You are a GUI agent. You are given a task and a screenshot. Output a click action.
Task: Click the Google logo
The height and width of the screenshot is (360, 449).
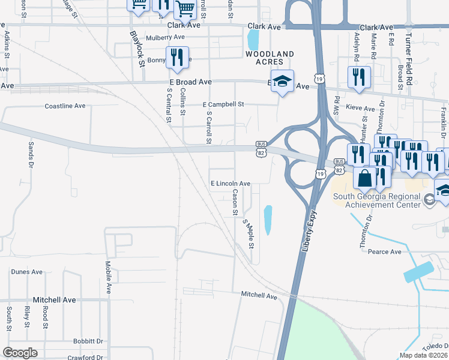pyautogui.click(x=20, y=353)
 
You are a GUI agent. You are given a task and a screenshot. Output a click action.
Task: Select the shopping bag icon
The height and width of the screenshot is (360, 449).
pyautogui.click(x=364, y=178)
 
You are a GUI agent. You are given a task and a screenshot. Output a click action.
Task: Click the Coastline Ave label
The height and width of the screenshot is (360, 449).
pyautogui.click(x=65, y=106)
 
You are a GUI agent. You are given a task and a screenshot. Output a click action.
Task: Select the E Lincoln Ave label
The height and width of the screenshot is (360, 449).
pyautogui.click(x=230, y=184)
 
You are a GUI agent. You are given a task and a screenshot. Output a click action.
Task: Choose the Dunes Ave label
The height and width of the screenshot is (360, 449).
pyautogui.click(x=27, y=272)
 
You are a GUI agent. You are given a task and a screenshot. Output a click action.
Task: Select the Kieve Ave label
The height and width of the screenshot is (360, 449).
pyautogui.click(x=361, y=109)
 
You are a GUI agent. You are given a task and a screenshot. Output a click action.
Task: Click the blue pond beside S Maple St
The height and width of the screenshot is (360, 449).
pyautogui.click(x=268, y=220)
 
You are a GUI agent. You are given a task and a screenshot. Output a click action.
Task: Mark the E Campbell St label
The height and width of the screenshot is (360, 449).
pyautogui.click(x=223, y=104)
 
